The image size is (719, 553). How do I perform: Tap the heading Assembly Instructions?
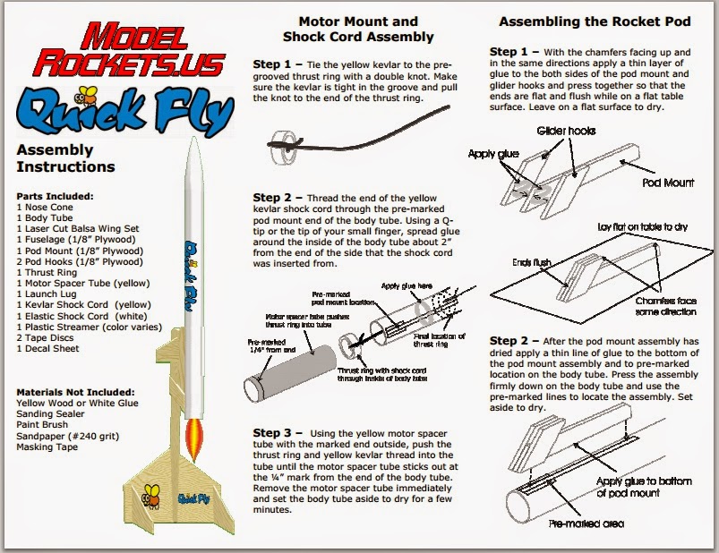(x=66, y=158)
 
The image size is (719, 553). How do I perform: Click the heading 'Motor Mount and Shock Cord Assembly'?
(x=357, y=29)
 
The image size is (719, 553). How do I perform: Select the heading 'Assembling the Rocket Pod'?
(x=595, y=20)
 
